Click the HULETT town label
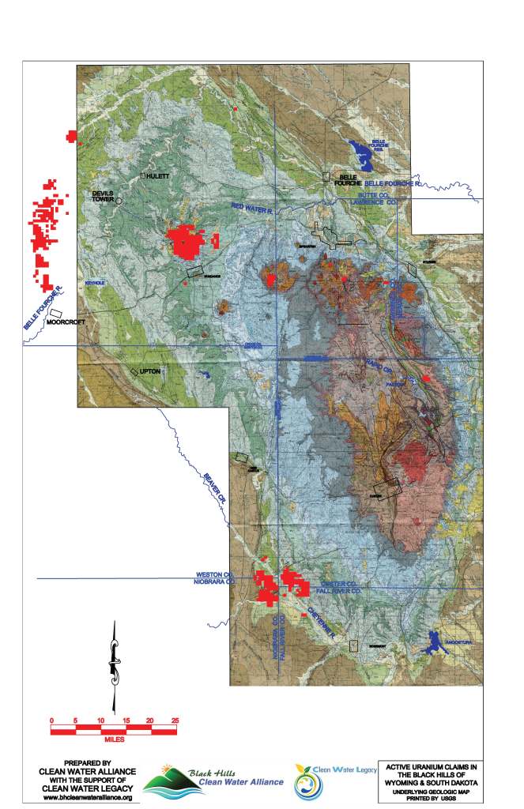click(158, 176)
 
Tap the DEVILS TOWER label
click(104, 196)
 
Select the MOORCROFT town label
click(64, 322)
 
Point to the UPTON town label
click(149, 371)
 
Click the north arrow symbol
click(115, 664)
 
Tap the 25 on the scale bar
click(175, 721)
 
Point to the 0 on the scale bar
click(51, 721)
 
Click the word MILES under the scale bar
click(114, 740)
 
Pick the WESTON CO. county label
click(215, 574)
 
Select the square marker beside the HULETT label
click(143, 175)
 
